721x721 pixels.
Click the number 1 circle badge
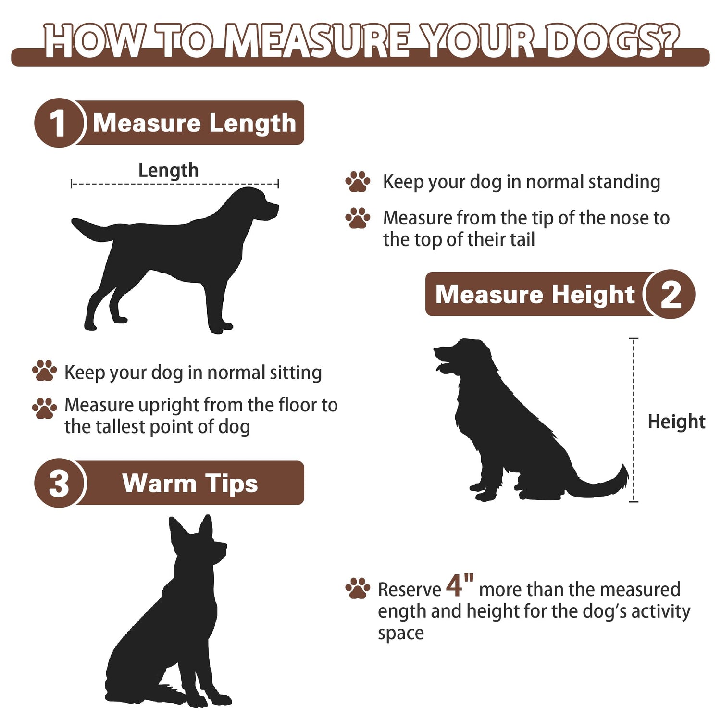click(x=59, y=123)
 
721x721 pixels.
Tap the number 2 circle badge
click(x=671, y=294)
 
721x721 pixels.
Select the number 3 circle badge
click(x=59, y=483)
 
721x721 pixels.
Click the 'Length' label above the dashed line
click(x=168, y=171)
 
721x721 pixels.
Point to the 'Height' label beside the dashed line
click(x=676, y=422)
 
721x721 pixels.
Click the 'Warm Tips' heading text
click(x=190, y=483)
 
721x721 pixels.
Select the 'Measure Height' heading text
click(x=535, y=294)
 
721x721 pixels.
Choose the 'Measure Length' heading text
click(x=194, y=123)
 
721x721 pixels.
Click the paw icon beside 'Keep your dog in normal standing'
click(x=358, y=182)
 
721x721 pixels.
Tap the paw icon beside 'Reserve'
click(x=358, y=588)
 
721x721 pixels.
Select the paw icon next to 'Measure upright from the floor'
click(x=44, y=408)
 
